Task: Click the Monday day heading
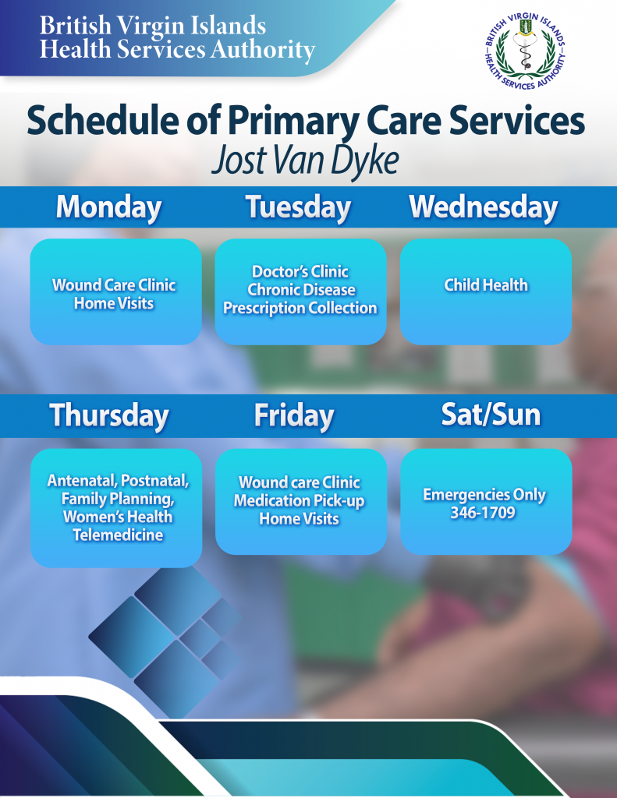click(108, 208)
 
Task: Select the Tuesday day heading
click(299, 208)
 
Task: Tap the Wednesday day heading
click(484, 208)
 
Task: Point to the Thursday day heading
click(109, 416)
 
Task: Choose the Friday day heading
click(294, 416)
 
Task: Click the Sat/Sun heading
click(491, 415)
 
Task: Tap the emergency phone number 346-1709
click(483, 513)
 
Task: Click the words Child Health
click(486, 285)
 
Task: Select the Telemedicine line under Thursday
click(118, 535)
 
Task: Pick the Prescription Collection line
click(300, 308)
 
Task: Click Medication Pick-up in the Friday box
click(300, 501)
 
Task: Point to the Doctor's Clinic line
click(300, 271)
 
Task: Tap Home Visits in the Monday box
click(114, 303)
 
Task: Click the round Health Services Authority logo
click(525, 51)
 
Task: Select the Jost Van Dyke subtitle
click(305, 161)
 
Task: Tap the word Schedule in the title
click(102, 120)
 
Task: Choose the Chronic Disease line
click(302, 290)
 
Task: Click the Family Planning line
click(118, 499)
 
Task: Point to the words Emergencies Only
click(484, 495)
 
